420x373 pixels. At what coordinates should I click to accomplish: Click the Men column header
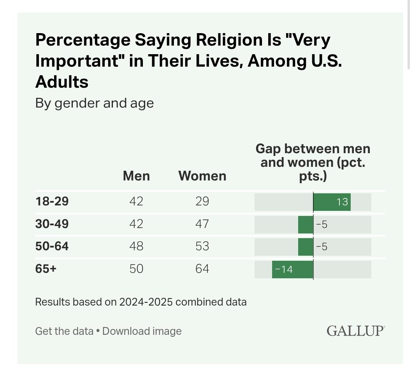pos(136,176)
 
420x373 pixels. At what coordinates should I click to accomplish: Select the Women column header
pos(202,176)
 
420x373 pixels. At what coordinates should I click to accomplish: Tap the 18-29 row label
pos(52,202)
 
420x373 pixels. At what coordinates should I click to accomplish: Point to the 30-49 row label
pos(52,224)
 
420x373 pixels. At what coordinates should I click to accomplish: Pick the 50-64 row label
pos(52,246)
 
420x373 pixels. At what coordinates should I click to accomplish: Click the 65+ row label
pos(46,269)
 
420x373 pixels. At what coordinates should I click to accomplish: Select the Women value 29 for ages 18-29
pos(202,202)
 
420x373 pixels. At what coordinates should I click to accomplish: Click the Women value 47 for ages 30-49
pos(202,224)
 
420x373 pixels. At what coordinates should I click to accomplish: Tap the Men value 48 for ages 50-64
pos(136,246)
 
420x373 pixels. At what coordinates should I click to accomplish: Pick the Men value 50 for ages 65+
pos(136,269)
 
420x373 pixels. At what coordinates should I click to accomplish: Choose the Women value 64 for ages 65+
pos(202,269)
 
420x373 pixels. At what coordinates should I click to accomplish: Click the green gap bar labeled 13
pos(332,202)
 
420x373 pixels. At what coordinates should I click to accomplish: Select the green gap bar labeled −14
pos(292,269)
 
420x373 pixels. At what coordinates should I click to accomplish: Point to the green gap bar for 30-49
pos(306,225)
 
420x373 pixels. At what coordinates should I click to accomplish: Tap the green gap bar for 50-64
pos(306,247)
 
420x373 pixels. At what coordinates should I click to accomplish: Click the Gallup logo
pos(355,331)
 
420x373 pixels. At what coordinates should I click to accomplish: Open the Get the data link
pos(64,331)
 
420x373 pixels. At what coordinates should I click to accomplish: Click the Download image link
pos(142,331)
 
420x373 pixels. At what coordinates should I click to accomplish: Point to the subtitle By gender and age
pos(94,103)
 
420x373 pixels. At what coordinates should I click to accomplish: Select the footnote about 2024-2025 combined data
pos(141,302)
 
